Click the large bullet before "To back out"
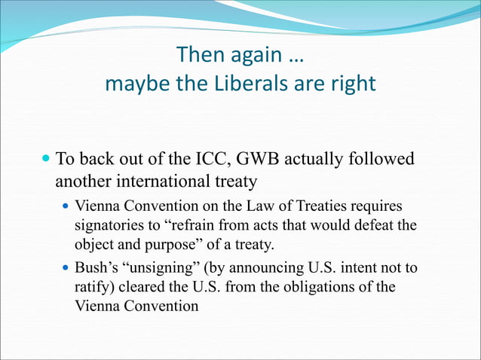coord(47,160)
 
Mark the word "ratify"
coord(92,288)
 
